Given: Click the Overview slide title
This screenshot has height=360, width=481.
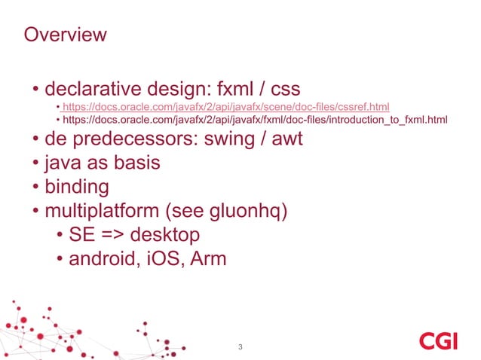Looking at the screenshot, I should [66, 35].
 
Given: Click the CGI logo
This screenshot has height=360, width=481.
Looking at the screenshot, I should [438, 341].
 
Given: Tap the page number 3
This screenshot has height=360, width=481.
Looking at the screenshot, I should [240, 347].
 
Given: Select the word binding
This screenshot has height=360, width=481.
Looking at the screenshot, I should [77, 186].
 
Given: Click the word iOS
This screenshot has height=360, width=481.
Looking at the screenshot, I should [166, 258].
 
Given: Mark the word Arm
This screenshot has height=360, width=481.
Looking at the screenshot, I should [209, 258].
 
